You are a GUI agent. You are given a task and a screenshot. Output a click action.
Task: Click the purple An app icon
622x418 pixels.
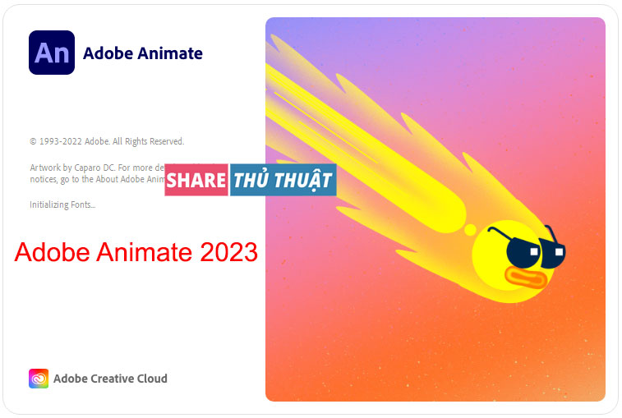tap(51, 53)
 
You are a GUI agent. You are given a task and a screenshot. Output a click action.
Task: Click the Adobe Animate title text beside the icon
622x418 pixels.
tap(143, 53)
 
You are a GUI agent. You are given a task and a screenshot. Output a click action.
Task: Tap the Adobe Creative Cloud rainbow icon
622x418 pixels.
tap(39, 379)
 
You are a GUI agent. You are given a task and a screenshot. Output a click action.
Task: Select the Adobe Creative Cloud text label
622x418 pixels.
tap(110, 379)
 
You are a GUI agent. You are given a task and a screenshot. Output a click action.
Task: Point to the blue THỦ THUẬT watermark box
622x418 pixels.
tap(282, 180)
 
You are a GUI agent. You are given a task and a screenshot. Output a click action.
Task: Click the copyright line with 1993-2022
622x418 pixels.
tap(107, 141)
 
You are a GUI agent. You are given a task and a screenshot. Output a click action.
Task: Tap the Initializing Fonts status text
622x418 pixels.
tap(62, 204)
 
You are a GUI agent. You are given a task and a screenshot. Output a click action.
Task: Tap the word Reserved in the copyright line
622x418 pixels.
tap(165, 141)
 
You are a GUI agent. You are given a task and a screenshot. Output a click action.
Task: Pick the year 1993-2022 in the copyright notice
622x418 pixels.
tap(62, 141)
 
